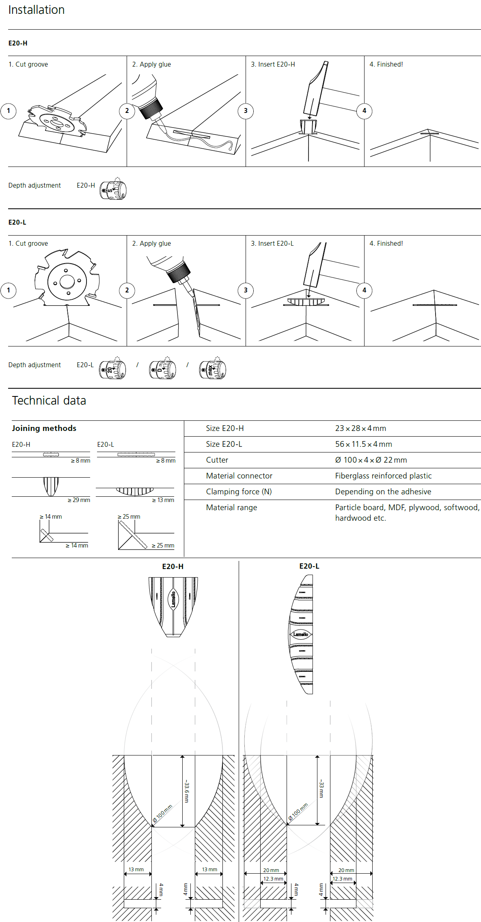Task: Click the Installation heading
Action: click(36, 10)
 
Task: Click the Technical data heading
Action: click(49, 400)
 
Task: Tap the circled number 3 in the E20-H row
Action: click(245, 111)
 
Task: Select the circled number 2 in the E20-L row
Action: click(127, 290)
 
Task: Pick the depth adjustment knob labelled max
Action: click(213, 370)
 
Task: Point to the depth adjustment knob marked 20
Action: click(112, 370)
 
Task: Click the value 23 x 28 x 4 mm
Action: click(360, 429)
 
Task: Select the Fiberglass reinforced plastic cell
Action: click(383, 476)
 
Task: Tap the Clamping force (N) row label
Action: click(239, 491)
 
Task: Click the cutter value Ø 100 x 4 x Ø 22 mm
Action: click(371, 460)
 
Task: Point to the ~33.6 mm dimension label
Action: click(187, 791)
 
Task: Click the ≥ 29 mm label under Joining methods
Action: click(79, 500)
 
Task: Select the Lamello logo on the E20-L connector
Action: click(301, 634)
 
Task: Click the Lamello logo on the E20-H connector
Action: click(173, 599)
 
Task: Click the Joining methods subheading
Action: click(44, 428)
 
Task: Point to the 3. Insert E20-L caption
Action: click(272, 243)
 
